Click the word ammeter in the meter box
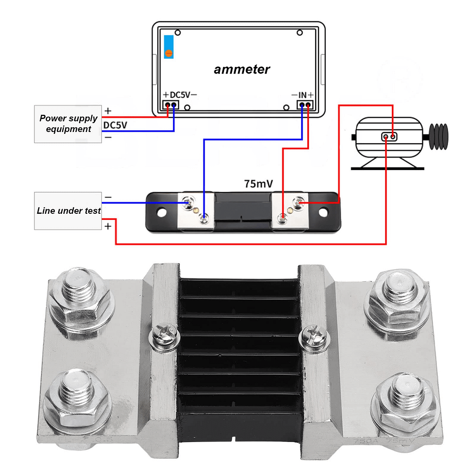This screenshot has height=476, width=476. point(242,70)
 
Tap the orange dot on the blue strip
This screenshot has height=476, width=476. point(169,53)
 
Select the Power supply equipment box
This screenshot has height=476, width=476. point(68,124)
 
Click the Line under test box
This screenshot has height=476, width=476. point(68,211)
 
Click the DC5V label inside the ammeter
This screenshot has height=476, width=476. point(180,95)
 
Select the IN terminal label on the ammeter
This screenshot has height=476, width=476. point(303,95)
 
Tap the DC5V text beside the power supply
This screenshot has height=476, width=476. point(115,125)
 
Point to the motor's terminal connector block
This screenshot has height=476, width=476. point(390,137)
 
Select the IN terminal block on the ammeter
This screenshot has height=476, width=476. point(305,105)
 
